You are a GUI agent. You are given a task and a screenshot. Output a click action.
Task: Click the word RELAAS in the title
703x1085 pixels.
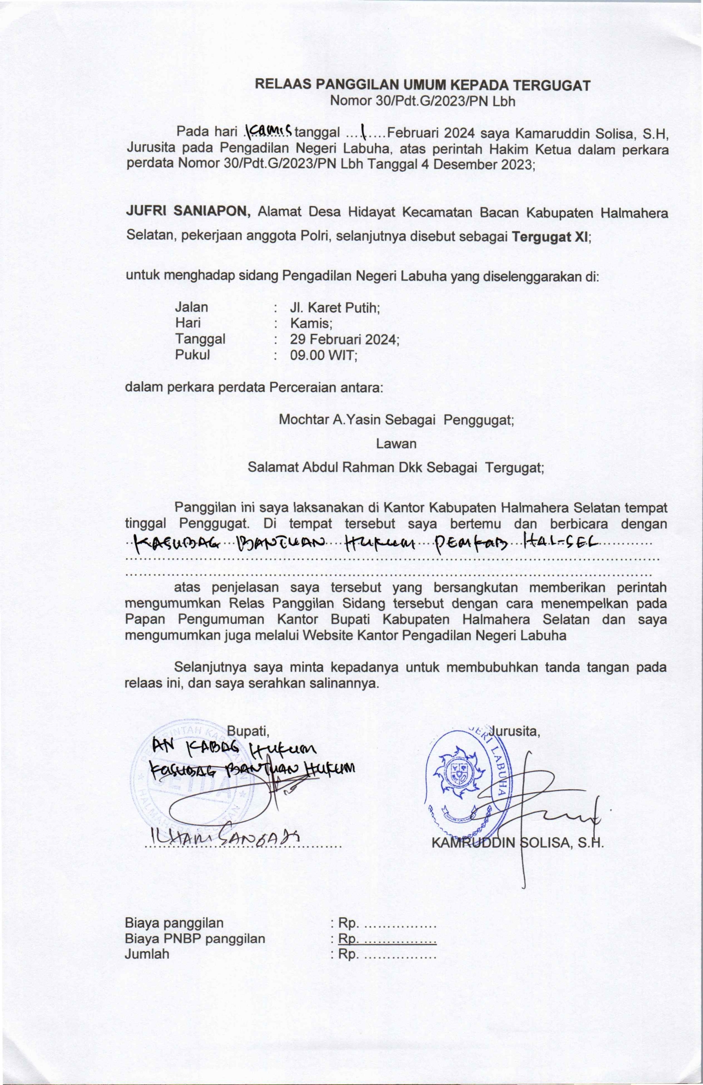point(282,85)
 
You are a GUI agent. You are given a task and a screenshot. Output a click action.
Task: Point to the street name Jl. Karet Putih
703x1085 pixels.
point(335,307)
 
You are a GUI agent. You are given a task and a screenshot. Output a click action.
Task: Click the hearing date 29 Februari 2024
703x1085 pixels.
point(345,339)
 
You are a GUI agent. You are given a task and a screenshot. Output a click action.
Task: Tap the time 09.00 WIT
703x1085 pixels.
point(323,355)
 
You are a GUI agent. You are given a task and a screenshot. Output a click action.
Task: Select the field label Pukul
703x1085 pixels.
point(192,355)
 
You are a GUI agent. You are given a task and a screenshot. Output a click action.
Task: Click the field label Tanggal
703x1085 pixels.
point(200,339)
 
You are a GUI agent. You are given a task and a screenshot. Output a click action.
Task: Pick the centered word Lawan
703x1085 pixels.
point(396,443)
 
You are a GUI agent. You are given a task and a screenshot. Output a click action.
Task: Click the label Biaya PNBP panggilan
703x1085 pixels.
point(195,938)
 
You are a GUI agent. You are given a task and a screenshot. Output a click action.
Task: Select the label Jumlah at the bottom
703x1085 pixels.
point(147,954)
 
